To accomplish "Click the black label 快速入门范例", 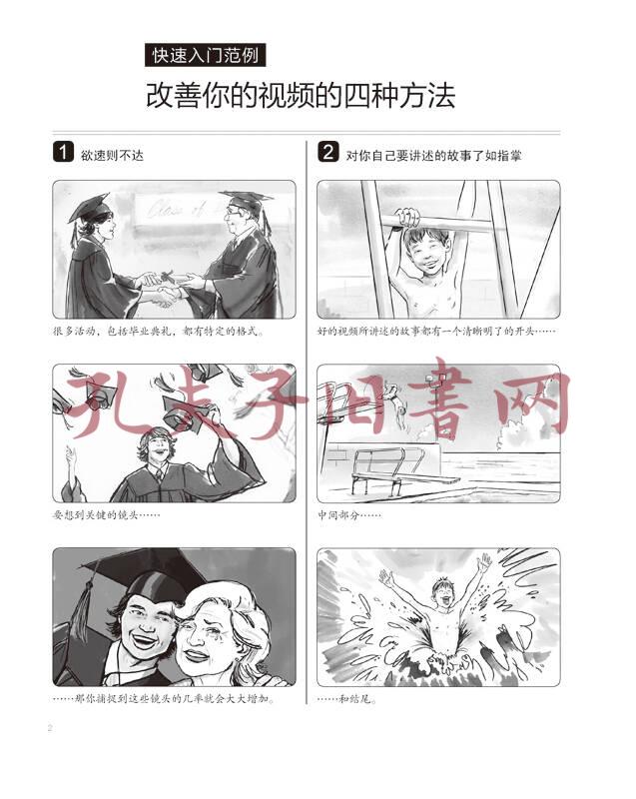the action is pos(205,55).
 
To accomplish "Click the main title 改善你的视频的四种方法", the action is pos(301,95).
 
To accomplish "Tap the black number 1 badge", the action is pos(63,152).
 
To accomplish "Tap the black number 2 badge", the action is pos(327,152).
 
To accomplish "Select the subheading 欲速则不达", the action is pos(112,155).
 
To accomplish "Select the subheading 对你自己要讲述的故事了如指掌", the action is pos(433,155).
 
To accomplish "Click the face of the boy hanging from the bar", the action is pos(427,253).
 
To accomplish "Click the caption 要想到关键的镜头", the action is pos(107,515).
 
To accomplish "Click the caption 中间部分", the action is pos(349,515).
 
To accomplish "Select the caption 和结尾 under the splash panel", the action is pos(347,699).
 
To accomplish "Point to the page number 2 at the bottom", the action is pos(50,728).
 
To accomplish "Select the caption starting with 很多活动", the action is pos(160,332).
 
